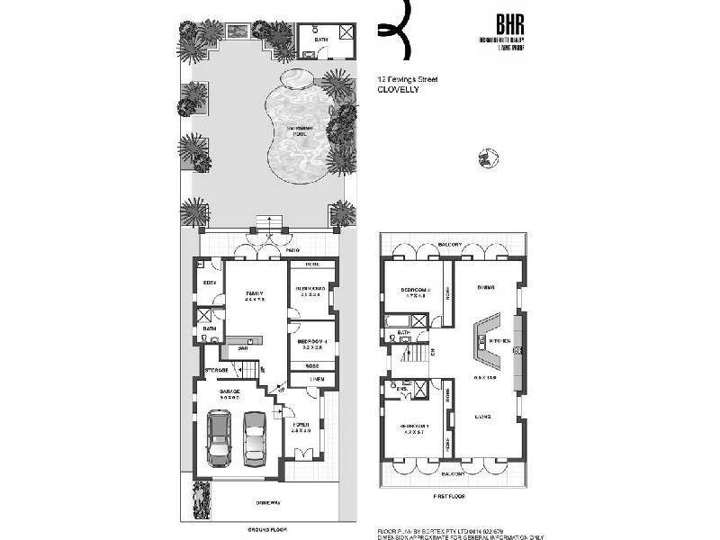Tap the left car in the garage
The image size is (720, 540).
219,438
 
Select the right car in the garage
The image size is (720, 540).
255,437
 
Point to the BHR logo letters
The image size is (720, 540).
495,24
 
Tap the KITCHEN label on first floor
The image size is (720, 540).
499,342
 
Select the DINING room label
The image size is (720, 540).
487,287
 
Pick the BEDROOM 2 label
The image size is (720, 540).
416,290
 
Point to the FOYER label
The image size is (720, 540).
300,425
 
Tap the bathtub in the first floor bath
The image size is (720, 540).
398,321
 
